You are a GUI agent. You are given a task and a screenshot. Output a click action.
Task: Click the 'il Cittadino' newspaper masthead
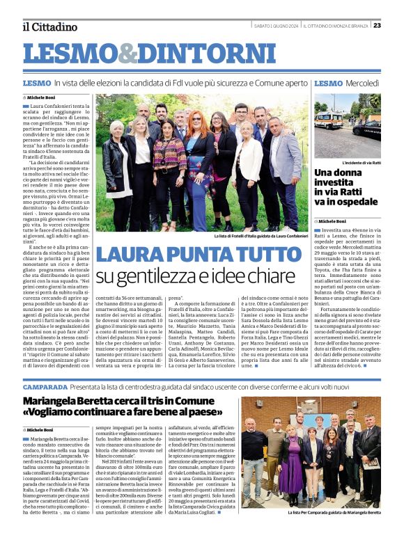pyautogui.click(x=49, y=27)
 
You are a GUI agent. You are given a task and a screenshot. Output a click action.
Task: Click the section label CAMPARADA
pyautogui.click(x=45, y=386)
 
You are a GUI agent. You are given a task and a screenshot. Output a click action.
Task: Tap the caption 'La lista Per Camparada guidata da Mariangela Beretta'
pyautogui.click(x=334, y=512)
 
